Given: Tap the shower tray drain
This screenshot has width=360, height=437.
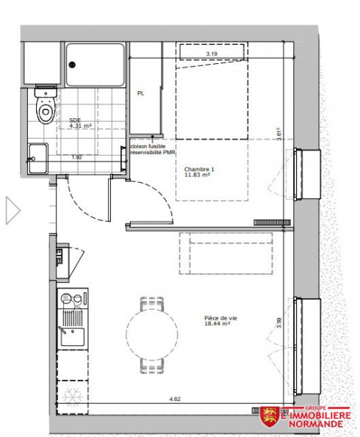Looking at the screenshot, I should point(72,63).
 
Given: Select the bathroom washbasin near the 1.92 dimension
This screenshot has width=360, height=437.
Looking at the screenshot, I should point(37,156).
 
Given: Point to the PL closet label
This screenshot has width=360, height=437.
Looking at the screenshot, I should point(140,94).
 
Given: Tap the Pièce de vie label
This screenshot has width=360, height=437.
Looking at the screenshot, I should point(220,321).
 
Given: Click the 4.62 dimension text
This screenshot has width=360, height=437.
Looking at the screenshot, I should point(175,399).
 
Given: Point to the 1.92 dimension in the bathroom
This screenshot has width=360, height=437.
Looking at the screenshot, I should point(76,157).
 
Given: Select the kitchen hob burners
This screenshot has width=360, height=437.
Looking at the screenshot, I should point(73,300).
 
